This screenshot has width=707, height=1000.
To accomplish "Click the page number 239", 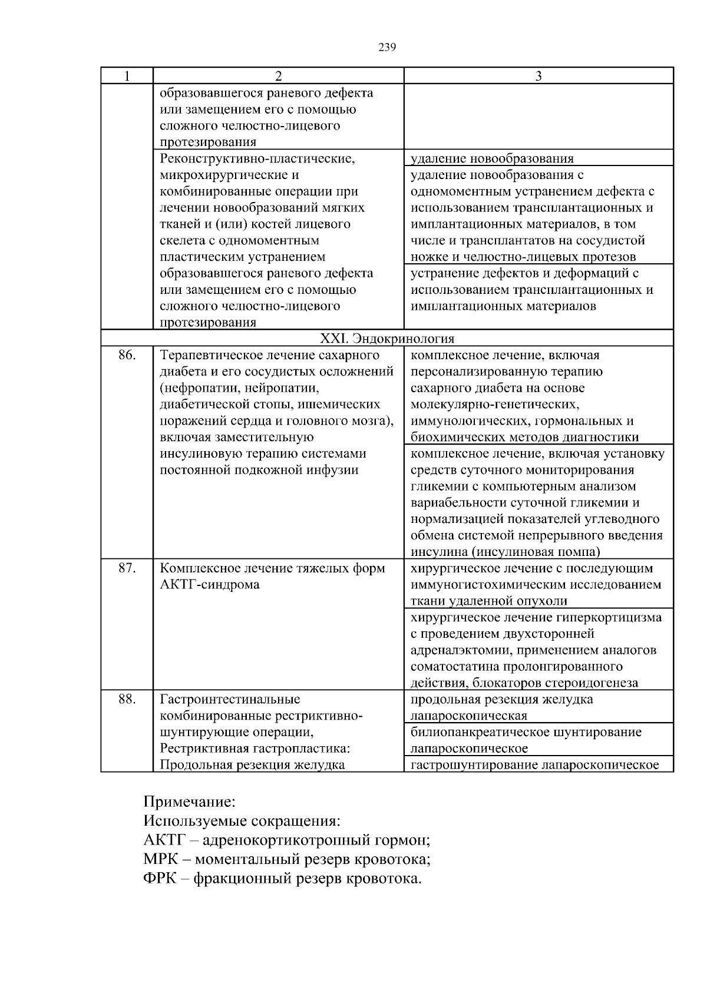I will (386, 48).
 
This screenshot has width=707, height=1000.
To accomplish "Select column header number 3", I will (538, 76).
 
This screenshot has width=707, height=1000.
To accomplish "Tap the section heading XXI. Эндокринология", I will (386, 339).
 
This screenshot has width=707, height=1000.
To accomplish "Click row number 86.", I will (127, 355).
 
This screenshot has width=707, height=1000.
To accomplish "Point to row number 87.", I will (127, 568).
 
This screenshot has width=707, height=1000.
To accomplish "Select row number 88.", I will (127, 699).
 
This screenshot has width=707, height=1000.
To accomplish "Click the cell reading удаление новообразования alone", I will (492, 158).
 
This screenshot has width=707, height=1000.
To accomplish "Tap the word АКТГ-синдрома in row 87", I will (210, 585).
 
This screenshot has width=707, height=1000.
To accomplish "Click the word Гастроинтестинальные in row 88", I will (230, 699).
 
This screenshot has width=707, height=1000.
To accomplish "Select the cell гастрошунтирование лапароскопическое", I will (534, 765).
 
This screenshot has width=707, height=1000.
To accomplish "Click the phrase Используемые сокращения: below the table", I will (242, 821).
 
